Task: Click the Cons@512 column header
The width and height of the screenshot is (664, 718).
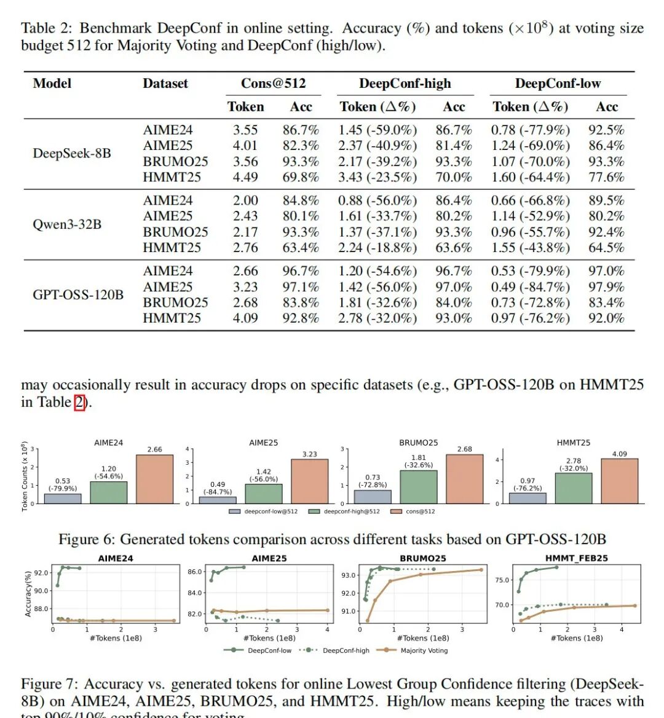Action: point(273,84)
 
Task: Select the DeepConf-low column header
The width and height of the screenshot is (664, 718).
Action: point(557,84)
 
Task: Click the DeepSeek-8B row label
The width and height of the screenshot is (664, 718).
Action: point(72,153)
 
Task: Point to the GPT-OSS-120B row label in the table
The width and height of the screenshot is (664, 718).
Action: point(78,294)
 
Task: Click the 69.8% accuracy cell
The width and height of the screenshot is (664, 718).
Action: point(301,178)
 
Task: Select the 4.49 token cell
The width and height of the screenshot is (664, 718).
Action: point(245,178)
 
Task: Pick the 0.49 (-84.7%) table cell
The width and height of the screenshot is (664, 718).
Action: point(530,287)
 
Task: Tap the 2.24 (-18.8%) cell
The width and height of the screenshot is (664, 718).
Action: point(377,248)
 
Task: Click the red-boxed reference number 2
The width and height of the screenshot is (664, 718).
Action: point(79,403)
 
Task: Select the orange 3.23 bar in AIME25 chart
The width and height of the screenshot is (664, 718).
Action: point(309,481)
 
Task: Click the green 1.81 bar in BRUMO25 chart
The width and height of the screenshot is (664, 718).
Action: point(418,487)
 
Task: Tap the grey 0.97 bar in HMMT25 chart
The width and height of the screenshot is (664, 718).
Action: point(528,498)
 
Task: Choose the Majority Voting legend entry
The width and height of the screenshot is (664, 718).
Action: point(424,650)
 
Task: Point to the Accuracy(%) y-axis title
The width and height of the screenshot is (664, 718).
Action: point(27,594)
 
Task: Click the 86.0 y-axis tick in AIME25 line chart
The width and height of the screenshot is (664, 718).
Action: point(194,572)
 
